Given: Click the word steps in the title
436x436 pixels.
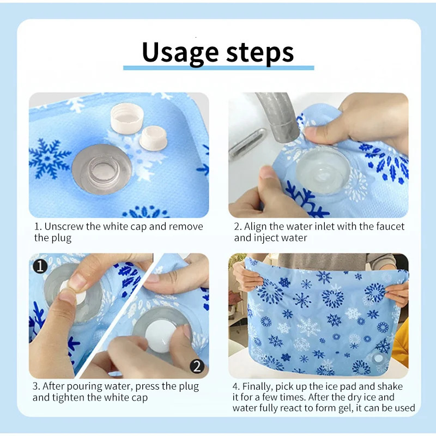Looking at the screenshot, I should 258,52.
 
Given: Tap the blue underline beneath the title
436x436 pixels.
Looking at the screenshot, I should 218,68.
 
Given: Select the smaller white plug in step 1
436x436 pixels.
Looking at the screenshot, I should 153,138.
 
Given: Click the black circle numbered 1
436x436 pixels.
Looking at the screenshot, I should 40,267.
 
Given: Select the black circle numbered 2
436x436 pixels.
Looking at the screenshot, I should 197,366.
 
